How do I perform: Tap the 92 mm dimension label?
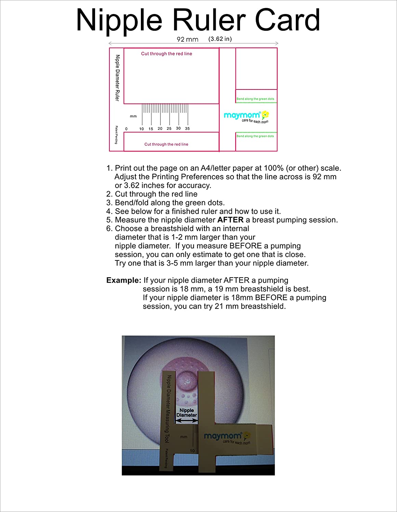pyautogui.click(x=187, y=39)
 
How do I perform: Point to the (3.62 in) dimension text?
pyautogui.click(x=220, y=39)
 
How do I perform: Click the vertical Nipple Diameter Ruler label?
pyautogui.click(x=118, y=78)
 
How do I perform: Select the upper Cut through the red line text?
pyautogui.click(x=167, y=54)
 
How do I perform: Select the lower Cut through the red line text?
pyautogui.click(x=166, y=144)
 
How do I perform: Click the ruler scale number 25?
pyautogui.click(x=169, y=129)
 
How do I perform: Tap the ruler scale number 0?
pyautogui.click(x=127, y=129)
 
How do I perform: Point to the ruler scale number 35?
pyautogui.click(x=187, y=129)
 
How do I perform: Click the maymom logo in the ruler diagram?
pyautogui.click(x=246, y=116)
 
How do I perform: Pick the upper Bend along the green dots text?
pyautogui.click(x=255, y=99)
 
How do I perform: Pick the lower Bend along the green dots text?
pyautogui.click(x=255, y=136)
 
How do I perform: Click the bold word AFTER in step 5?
pyautogui.click(x=230, y=220)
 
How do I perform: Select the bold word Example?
pyautogui.click(x=123, y=280)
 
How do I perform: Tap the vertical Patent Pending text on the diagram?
pyautogui.click(x=116, y=135)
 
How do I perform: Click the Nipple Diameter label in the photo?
pyautogui.click(x=187, y=413)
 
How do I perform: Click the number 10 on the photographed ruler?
pyautogui.click(x=192, y=451)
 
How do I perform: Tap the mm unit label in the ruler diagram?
pyautogui.click(x=133, y=116)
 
